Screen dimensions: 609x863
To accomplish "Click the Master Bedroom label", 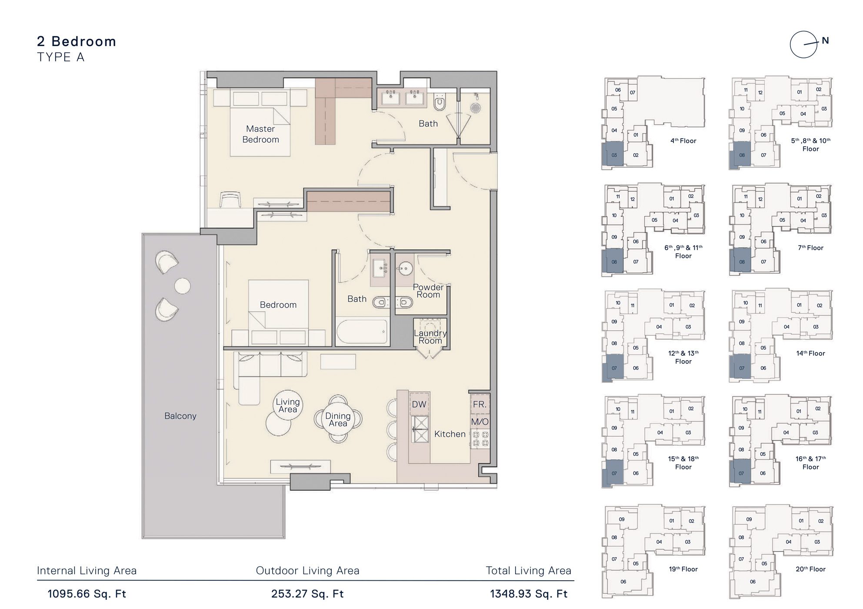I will [260, 134].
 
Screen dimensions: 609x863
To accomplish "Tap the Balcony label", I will [180, 416].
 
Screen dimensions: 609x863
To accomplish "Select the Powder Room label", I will [428, 291].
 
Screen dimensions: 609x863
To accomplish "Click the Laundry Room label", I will [430, 337].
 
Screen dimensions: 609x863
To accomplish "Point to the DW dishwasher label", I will [419, 405].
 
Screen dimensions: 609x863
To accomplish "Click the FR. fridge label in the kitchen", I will [480, 405].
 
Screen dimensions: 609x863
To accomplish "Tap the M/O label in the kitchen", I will [480, 422].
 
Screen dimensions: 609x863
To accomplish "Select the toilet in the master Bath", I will [440, 103].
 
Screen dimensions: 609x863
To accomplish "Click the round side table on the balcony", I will [182, 286].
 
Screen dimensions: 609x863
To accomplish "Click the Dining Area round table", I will [338, 419].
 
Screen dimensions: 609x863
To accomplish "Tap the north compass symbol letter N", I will [825, 41].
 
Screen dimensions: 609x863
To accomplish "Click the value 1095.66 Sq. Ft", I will [87, 594].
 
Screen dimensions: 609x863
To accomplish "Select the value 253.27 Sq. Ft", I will [307, 594].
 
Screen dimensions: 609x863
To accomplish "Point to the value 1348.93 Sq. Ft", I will [529, 594].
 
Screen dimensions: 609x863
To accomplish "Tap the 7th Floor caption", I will [810, 248].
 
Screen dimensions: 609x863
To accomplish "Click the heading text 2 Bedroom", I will [77, 41].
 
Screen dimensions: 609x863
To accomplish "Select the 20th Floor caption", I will [810, 569].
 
